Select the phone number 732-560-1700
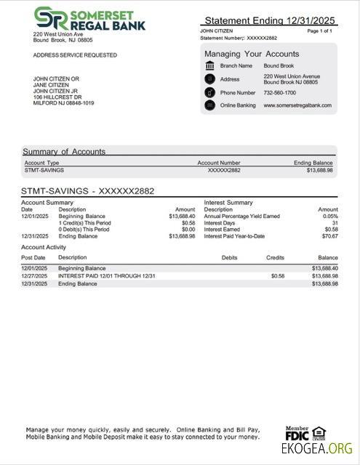(279, 93)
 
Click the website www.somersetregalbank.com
(297, 105)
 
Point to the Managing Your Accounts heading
(252, 54)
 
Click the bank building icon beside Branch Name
(210, 66)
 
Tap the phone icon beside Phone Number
(210, 93)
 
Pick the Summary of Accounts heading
(64, 152)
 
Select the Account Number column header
(218, 163)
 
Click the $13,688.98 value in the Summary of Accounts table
(319, 170)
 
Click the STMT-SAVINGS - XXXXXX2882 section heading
(87, 191)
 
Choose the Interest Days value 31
(335, 223)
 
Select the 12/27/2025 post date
(33, 276)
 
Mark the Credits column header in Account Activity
(275, 257)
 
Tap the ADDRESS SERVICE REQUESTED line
(74, 55)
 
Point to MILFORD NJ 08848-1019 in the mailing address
(63, 102)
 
